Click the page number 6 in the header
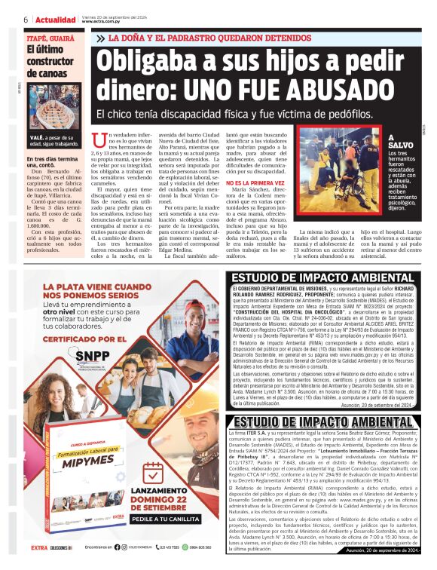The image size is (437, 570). tap(26, 19)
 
